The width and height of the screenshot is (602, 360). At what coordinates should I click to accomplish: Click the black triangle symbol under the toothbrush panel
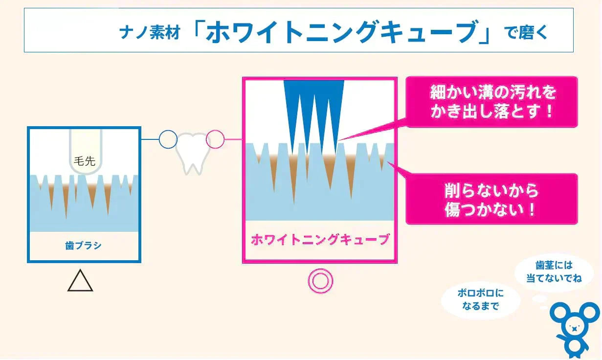pos(80,281)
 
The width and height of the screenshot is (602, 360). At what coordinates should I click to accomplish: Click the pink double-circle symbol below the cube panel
pos(320,282)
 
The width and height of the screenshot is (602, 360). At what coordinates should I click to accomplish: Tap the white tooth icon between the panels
pos(191,152)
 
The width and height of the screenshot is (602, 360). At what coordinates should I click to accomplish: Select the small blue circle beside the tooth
pos(168,139)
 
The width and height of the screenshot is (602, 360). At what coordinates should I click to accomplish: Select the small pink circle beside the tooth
pos(215,139)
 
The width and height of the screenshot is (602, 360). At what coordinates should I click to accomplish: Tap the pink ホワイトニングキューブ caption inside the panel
pos(320,240)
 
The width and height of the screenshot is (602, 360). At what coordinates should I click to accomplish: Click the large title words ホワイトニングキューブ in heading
pos(340,33)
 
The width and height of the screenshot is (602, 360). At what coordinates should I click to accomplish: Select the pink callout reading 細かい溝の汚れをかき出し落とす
pos(491,102)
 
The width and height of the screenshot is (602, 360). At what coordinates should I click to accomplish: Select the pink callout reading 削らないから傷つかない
pos(491,199)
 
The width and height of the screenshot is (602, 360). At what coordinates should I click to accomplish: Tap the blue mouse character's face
pos(574,328)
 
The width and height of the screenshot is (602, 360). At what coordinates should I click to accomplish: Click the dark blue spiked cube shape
pos(314,108)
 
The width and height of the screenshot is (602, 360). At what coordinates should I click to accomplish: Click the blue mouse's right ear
pos(589,313)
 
